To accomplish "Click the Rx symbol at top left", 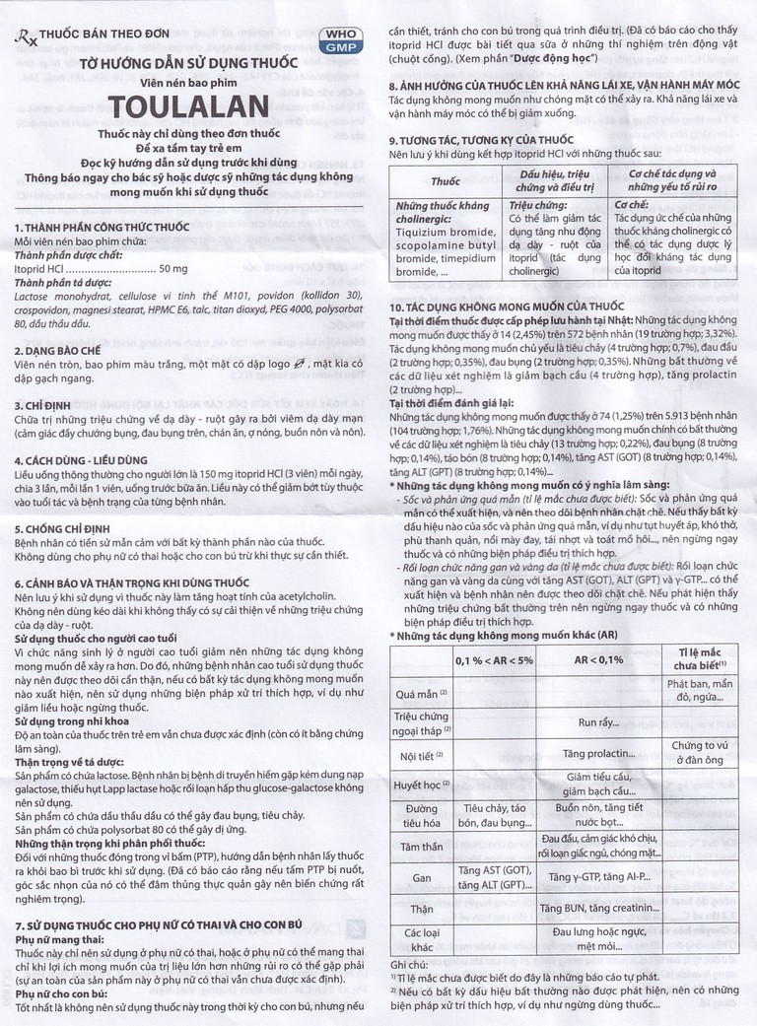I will click(x=23, y=36).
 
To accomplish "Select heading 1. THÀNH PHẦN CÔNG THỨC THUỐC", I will click(x=103, y=228).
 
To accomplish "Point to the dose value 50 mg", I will click(x=172, y=268).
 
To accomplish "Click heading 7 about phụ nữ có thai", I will click(x=171, y=925).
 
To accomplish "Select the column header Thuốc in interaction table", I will click(x=445, y=182).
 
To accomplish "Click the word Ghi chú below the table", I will click(x=410, y=963).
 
